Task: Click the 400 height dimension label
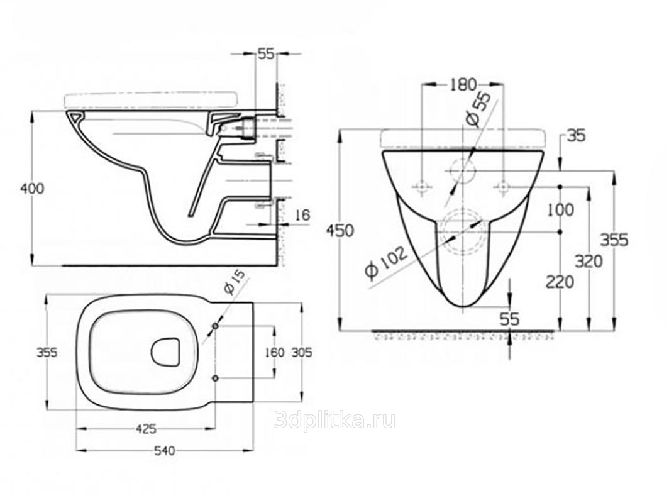point(33,188)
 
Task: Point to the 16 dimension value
point(302,215)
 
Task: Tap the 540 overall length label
point(165,451)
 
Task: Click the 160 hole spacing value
point(274,352)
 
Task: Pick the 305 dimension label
point(301,352)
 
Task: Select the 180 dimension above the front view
point(463,84)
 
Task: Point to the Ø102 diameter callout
point(385,263)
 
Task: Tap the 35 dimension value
point(576,136)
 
